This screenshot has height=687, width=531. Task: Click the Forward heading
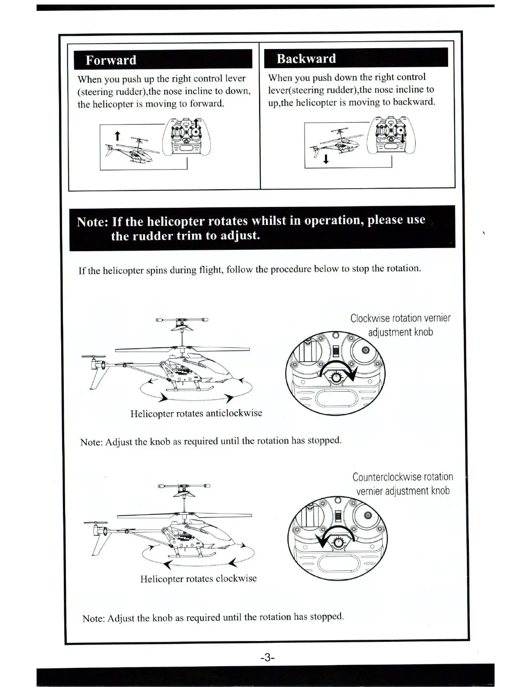pyautogui.click(x=111, y=60)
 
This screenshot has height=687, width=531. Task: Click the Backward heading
pyautogui.click(x=306, y=59)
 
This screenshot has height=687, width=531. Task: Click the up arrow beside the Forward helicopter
pyautogui.click(x=116, y=136)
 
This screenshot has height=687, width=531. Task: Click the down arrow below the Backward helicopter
pyautogui.click(x=326, y=159)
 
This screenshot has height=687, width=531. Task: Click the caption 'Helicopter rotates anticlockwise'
pyautogui.click(x=196, y=413)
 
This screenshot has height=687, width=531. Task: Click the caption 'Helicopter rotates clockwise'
pyautogui.click(x=198, y=579)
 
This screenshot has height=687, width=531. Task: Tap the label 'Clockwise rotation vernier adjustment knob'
pyautogui.click(x=400, y=325)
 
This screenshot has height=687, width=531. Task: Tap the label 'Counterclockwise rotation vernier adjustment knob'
pyautogui.click(x=403, y=484)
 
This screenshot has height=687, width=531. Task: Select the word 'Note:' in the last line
pyautogui.click(x=93, y=618)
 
